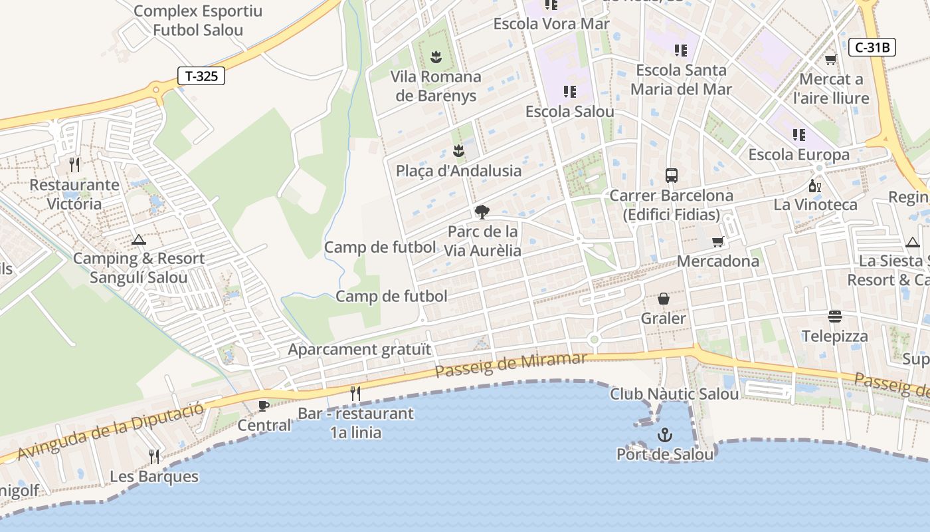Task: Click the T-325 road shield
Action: (201, 76)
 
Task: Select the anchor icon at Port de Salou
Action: (665, 436)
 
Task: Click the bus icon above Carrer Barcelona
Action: (672, 176)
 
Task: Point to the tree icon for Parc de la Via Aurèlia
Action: (482, 212)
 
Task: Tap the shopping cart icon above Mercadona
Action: (717, 241)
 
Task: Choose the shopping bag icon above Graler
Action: (663, 299)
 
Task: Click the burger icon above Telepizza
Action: (835, 317)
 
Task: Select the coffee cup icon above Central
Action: (264, 405)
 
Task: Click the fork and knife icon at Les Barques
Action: (154, 456)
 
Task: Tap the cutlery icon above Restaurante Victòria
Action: (74, 164)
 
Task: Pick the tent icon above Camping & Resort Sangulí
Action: (138, 239)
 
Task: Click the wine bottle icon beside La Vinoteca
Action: (814, 186)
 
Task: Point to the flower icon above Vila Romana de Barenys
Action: (436, 57)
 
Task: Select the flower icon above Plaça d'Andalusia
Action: (458, 150)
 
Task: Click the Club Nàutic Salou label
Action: (674, 394)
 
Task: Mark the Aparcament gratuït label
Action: (359, 349)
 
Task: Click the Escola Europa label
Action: (799, 155)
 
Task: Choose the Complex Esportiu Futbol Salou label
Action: (198, 21)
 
